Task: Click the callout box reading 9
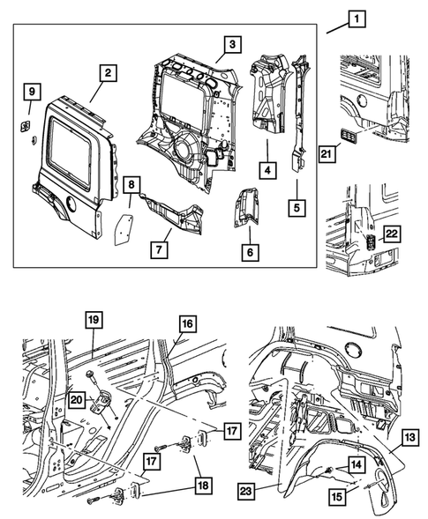(x=30, y=91)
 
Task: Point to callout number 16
(x=186, y=324)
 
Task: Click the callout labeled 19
(x=95, y=320)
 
